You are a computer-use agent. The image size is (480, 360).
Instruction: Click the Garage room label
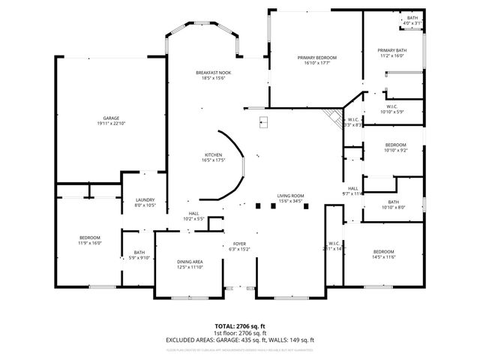coord(111,118)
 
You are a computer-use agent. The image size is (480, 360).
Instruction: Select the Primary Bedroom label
coord(316,58)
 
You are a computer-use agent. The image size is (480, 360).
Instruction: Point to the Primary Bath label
coord(391,50)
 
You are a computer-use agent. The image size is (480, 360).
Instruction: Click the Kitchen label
coord(214,155)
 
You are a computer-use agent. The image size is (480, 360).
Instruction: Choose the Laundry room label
coord(145,199)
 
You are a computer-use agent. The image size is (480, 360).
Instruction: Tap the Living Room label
coord(290,195)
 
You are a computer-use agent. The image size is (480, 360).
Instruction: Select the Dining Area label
coord(190,262)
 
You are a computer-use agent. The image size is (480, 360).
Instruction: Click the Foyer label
coord(239,244)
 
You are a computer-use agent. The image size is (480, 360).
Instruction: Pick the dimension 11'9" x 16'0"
coord(90,243)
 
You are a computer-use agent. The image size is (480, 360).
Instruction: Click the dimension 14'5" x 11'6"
coord(383,257)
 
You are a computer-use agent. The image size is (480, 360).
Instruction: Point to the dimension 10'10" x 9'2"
coord(395,150)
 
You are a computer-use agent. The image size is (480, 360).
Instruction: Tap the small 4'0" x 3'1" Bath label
coord(412,23)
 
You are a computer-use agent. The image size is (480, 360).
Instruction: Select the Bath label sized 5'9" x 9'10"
coord(139,258)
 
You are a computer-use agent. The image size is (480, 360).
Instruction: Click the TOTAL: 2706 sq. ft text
coord(239,327)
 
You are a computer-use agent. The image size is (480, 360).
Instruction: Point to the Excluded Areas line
coord(239,340)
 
